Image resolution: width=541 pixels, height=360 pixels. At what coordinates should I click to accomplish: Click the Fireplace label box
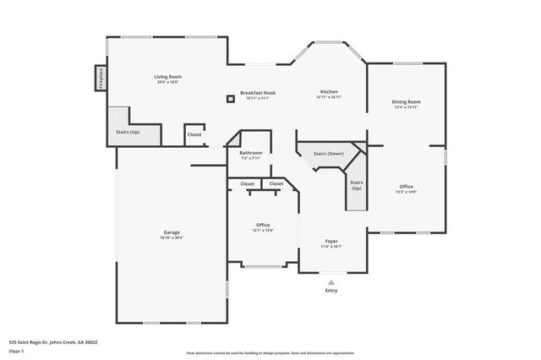pos(100,77)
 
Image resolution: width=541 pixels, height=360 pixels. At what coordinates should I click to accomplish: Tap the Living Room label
pos(169,77)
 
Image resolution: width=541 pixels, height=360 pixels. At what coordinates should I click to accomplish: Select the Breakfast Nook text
pos(258,93)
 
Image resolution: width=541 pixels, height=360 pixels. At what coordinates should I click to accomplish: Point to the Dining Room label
pos(406,102)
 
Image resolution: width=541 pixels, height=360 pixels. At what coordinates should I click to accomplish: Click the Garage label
pos(172,232)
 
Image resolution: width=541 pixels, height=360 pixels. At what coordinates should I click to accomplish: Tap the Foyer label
pos(331,242)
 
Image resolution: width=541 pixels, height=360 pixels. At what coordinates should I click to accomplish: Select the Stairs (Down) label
pos(329,154)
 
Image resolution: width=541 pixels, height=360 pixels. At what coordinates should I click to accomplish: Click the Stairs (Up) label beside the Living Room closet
pos(128,133)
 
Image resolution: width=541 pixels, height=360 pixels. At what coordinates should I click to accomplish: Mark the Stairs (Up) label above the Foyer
pos(356,185)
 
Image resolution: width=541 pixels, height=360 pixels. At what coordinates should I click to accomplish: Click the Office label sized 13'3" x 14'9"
pos(406,187)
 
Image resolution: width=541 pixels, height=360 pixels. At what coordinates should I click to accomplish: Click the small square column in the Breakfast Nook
pos(230,99)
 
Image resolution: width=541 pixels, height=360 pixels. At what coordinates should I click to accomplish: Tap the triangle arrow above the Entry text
pos(331,282)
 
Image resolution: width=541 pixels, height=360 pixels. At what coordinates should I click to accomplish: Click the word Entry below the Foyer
pos(331,291)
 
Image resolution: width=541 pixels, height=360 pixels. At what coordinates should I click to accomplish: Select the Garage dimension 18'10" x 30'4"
pos(172,237)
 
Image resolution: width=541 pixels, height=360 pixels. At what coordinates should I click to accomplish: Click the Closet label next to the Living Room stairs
pos(194,134)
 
